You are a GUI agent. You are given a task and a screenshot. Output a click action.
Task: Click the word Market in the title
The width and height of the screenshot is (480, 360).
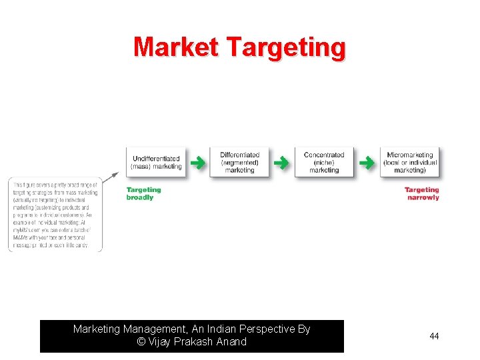coord(176,47)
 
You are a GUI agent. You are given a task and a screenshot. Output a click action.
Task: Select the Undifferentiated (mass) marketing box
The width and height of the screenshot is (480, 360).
coord(157,162)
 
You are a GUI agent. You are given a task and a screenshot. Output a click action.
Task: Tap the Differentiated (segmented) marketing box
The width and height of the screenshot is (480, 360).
coord(239,162)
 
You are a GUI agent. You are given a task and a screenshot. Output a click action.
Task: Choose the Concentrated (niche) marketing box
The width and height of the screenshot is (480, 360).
coord(324,162)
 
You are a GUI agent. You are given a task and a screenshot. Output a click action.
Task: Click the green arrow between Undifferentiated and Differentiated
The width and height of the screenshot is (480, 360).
coord(198,162)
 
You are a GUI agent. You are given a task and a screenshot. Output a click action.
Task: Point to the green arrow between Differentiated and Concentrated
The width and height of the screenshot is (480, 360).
coord(282,162)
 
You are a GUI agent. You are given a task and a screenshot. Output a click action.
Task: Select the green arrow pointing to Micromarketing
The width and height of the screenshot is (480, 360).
coord(367,162)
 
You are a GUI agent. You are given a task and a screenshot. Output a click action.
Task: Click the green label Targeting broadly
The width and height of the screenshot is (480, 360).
coord(143,193)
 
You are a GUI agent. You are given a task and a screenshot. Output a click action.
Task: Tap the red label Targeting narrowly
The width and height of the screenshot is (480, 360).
coord(422,193)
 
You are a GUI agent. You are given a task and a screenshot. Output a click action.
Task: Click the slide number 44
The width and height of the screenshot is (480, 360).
coord(434,337)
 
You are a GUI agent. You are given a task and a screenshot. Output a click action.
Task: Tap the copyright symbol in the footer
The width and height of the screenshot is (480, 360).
coord(141,342)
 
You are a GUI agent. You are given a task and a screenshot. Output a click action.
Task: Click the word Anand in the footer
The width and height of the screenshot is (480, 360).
coord(230,342)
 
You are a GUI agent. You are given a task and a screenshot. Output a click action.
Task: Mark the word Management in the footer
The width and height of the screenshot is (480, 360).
coord(150,329)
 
